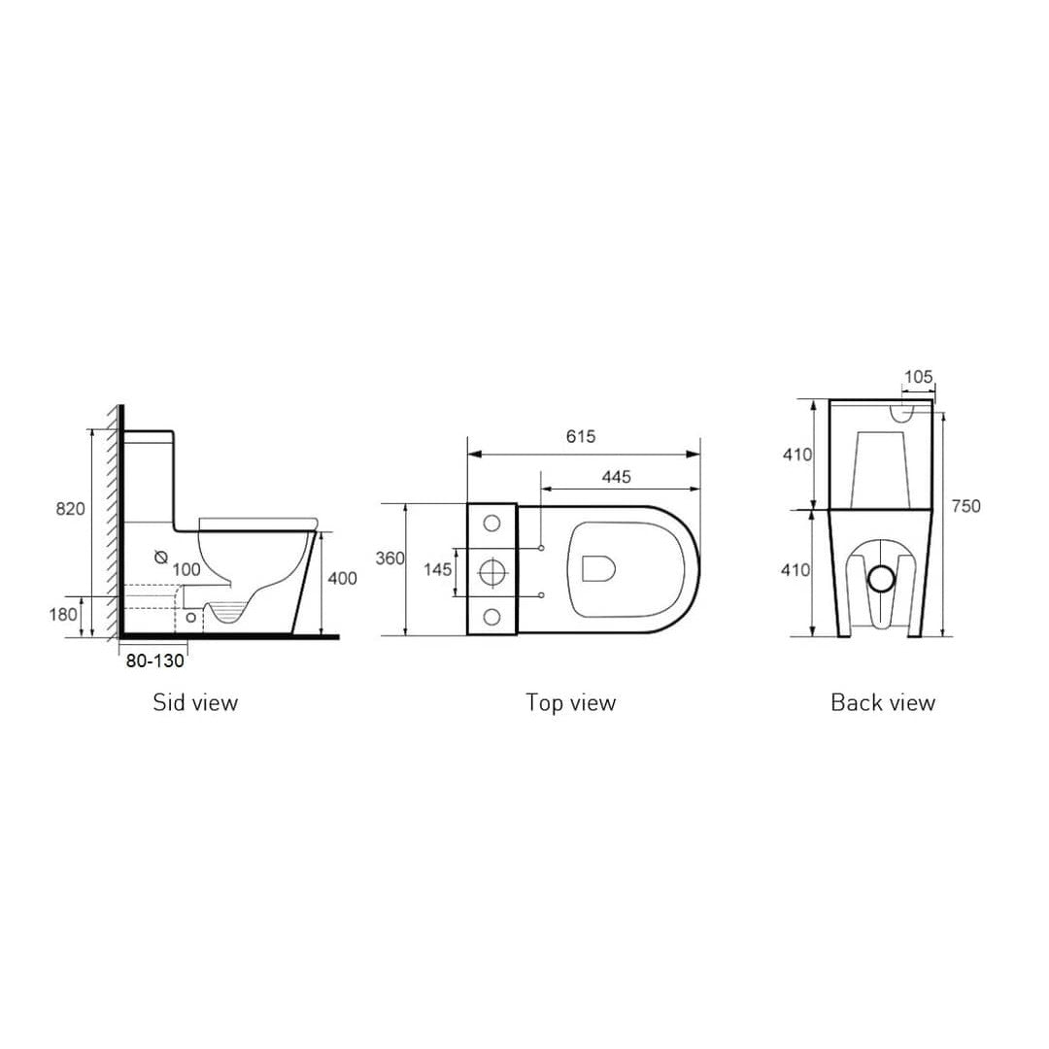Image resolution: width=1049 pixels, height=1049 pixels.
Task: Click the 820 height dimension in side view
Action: tap(70, 509)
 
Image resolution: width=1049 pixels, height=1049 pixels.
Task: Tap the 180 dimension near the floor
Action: tap(63, 614)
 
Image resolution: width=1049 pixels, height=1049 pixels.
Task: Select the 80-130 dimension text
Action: tap(154, 661)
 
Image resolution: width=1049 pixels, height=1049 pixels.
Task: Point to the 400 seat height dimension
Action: tap(342, 578)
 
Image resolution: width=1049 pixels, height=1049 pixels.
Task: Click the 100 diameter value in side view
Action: tap(186, 569)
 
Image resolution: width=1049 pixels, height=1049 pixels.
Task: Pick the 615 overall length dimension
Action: tap(581, 436)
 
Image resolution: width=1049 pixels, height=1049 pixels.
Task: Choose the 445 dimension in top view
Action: tap(616, 477)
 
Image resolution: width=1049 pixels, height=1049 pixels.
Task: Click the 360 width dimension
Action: tap(390, 558)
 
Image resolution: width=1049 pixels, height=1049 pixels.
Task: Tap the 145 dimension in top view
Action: tap(437, 570)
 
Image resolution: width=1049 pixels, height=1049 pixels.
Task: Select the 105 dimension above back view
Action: tap(918, 377)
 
